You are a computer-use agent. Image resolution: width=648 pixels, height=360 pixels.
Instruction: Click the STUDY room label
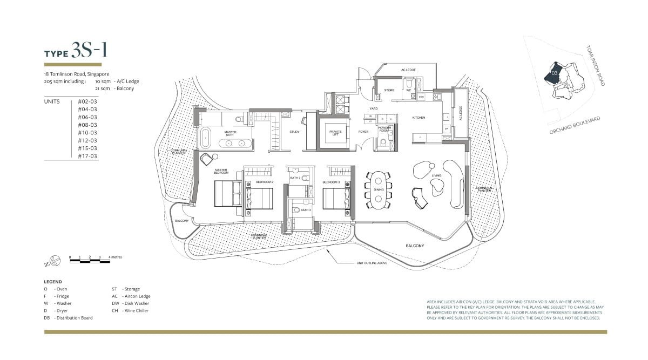(x=294, y=132)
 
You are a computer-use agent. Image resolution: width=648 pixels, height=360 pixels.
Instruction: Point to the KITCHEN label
(x=418, y=117)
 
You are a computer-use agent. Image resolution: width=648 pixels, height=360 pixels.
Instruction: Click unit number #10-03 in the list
(x=87, y=133)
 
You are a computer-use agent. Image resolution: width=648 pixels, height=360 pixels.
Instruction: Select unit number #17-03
(x=87, y=156)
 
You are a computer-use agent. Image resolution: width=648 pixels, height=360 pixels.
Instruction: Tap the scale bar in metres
(x=89, y=261)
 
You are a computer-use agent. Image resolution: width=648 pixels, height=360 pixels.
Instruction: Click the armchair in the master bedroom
(x=206, y=160)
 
